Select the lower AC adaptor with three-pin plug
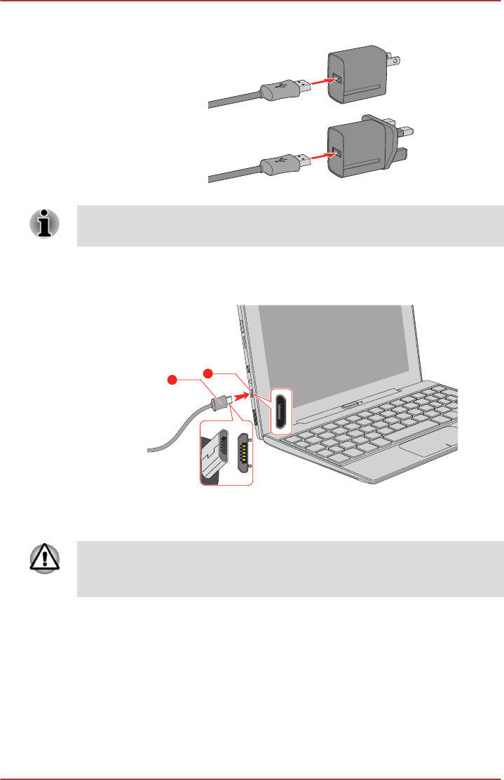click(x=357, y=153)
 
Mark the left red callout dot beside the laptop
click(x=170, y=380)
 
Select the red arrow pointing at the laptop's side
click(x=240, y=397)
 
